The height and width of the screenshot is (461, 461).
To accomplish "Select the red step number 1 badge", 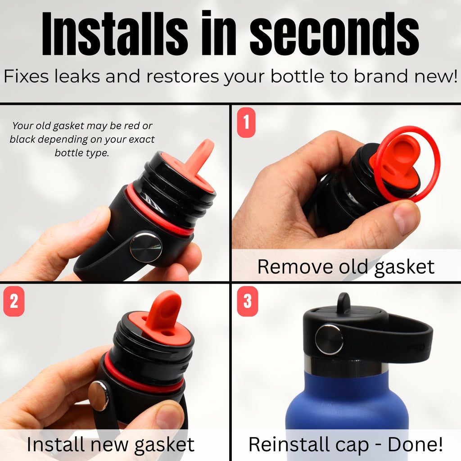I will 246,123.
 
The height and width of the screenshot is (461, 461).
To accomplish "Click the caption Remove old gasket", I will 346,267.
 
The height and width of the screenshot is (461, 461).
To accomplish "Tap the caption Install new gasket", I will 110,444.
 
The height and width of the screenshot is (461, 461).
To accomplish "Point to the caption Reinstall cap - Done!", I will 346,444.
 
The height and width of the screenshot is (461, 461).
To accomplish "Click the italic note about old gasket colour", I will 82,139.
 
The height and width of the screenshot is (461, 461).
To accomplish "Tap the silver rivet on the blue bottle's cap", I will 329,339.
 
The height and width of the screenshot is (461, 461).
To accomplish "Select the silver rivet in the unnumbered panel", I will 146,247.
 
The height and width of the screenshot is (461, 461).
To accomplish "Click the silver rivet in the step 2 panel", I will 98,396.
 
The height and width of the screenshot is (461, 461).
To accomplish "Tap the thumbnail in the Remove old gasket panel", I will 407,218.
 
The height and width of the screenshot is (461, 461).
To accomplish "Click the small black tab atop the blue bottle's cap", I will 343,302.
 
